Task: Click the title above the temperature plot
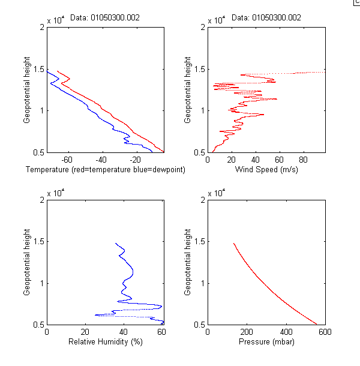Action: (105, 18)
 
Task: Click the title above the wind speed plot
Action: (266, 18)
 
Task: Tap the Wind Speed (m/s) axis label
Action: (266, 170)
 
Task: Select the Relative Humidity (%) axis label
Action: (105, 342)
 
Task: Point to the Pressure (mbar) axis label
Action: (266, 342)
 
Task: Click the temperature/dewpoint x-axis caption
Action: (105, 170)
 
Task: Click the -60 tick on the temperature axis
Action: (67, 160)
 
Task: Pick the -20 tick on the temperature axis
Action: (136, 160)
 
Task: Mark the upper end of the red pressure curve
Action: (233, 244)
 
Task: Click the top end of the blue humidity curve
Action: (116, 244)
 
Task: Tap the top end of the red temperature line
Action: (57, 71)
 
